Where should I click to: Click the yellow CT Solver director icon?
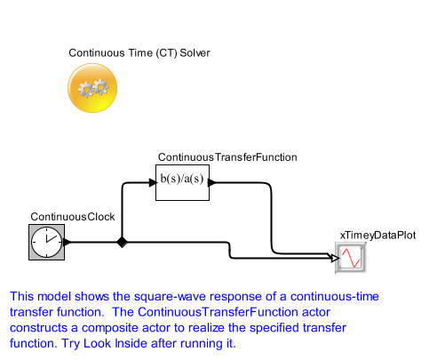(x=92, y=88)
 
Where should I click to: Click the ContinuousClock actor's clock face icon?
(x=46, y=242)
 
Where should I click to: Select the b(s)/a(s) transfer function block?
(x=182, y=182)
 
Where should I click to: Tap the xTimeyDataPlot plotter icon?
(x=351, y=258)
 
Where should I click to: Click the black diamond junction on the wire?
(x=122, y=242)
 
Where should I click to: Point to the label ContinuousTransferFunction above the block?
(x=227, y=157)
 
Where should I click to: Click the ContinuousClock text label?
(x=73, y=217)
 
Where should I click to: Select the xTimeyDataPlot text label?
(x=377, y=236)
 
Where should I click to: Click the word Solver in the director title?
(x=195, y=52)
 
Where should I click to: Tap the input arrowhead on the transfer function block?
(x=153, y=182)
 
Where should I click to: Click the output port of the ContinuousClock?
(x=68, y=242)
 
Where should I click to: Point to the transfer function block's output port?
(x=212, y=182)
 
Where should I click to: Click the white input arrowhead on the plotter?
(x=335, y=258)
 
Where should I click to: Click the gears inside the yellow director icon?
(x=93, y=88)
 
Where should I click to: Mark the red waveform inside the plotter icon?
(x=351, y=258)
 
